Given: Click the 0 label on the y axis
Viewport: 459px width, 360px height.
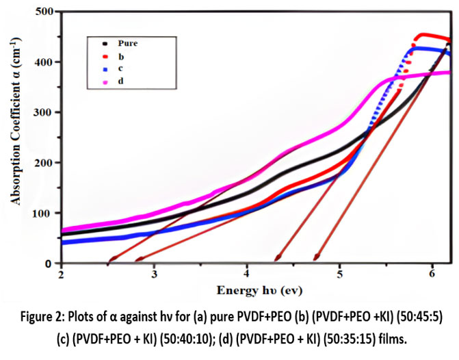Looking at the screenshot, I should [x=50, y=263].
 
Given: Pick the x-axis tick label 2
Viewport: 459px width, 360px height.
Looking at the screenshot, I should [x=62, y=274].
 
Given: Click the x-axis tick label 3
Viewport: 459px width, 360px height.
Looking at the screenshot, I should [x=155, y=274].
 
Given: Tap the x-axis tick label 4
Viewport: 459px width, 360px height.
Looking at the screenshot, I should [x=247, y=274].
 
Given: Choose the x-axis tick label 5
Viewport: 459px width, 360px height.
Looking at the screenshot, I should [x=340, y=274].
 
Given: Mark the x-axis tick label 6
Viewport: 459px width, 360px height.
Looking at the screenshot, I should [x=432, y=274].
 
